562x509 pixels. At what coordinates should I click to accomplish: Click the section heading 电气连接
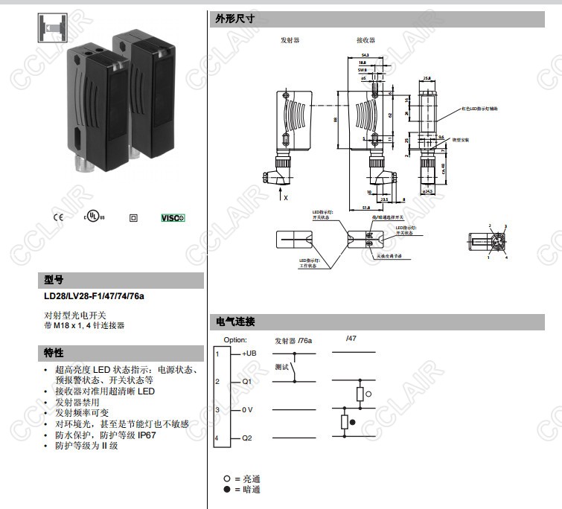point(234,322)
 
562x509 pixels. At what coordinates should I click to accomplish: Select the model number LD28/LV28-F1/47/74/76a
point(94,296)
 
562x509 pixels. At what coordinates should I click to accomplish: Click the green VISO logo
point(173,218)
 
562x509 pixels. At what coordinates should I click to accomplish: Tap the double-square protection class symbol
point(133,218)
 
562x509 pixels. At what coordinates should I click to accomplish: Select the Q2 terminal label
point(247,438)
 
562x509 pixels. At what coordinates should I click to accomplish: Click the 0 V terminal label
point(248,410)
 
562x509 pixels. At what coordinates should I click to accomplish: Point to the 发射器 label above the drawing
point(290,41)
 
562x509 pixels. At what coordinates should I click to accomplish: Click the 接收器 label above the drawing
point(365,41)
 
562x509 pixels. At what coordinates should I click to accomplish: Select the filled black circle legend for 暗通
point(226,490)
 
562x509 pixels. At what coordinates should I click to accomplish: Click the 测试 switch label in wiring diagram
point(281,366)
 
